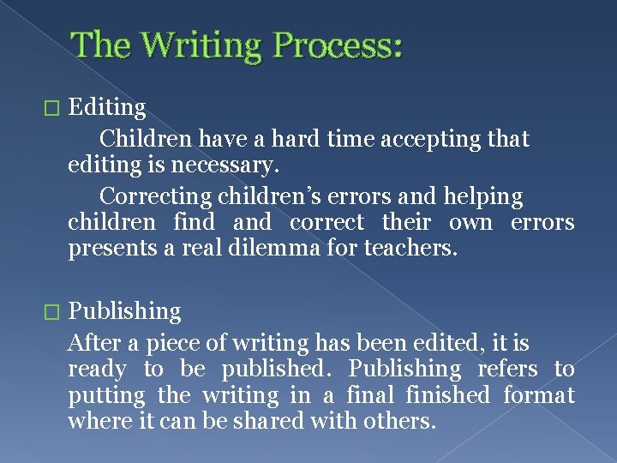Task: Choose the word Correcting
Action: pyautogui.click(x=155, y=196)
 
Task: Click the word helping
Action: pyautogui.click(x=483, y=196)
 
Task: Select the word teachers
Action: pyautogui.click(x=411, y=250)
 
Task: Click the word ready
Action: pyautogui.click(x=97, y=370)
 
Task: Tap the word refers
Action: pyautogui.click(x=507, y=370)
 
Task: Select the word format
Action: pyautogui.click(x=539, y=395)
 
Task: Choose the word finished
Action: pyautogui.click(x=447, y=395)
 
